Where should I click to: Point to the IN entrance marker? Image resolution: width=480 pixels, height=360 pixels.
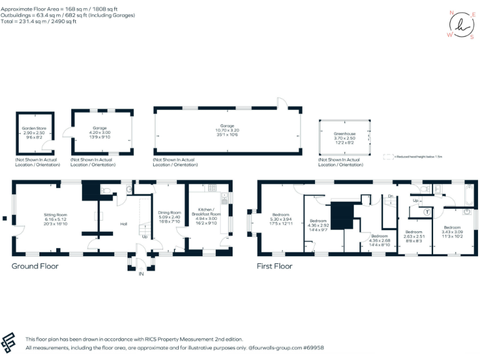[x=141, y=273]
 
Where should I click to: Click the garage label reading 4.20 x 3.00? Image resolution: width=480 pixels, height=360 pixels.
[x=100, y=132]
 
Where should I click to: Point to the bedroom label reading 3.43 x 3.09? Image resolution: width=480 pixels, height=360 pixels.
[x=452, y=231]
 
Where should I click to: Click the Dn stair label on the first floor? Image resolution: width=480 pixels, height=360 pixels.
[x=390, y=196]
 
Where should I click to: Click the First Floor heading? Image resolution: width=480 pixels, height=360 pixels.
[x=274, y=266]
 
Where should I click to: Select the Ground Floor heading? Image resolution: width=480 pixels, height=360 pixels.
[x=35, y=266]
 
